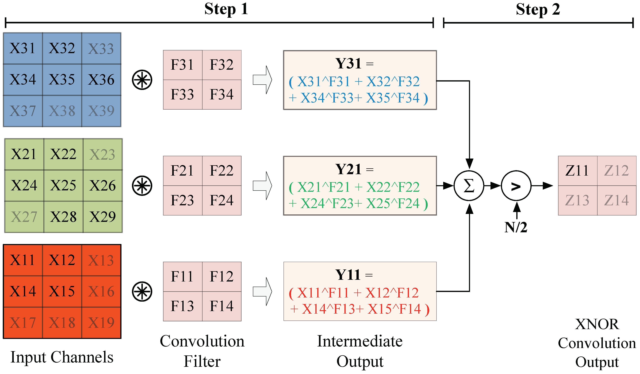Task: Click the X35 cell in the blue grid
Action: pos(62,79)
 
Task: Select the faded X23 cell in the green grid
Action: pos(102,154)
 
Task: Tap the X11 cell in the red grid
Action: pos(22,260)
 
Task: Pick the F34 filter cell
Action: pos(221,94)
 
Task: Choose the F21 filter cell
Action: pos(182,170)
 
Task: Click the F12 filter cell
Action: pos(221,276)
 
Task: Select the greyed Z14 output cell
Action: pos(616,200)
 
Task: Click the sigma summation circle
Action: pos(469,186)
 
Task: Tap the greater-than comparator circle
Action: pos(516,186)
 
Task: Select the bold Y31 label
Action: pos(348,63)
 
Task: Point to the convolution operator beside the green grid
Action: pos(142,186)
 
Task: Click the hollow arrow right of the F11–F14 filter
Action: pos(263,291)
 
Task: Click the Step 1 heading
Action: pos(226,9)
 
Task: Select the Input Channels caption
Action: pos(62,357)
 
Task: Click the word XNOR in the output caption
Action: pos(597,324)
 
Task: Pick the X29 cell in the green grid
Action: pos(102,217)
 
